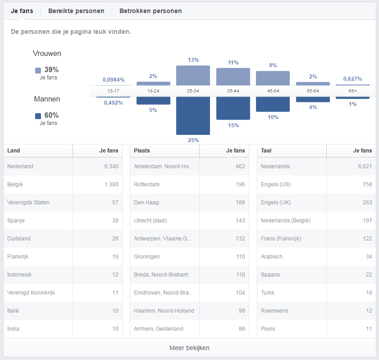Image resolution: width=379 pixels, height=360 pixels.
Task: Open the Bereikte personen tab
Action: point(76,11)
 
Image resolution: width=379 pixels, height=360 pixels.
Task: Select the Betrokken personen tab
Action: point(151,11)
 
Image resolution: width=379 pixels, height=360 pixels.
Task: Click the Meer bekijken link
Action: point(189,348)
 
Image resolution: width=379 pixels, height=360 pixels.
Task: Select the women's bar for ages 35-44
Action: point(233,76)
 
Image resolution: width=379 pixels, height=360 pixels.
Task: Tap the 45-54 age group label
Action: point(273,91)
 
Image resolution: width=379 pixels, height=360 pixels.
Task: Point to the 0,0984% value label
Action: point(114,79)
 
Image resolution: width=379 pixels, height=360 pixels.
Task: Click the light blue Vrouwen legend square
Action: point(38,70)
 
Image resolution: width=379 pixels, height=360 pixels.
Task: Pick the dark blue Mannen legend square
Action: point(38,116)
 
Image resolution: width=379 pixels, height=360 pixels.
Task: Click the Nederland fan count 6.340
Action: point(111,166)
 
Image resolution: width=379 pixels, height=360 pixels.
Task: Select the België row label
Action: point(16,185)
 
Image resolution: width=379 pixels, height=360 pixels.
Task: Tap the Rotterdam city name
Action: point(146,185)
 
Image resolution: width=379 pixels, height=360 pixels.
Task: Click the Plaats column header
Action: point(142,151)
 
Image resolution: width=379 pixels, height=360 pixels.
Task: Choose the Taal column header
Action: point(266,151)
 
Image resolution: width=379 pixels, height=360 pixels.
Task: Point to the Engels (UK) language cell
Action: point(276,203)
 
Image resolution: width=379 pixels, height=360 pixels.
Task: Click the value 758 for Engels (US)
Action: point(367,185)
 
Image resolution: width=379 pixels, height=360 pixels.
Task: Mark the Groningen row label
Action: point(147,257)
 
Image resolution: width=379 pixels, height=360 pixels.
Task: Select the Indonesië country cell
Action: point(19,275)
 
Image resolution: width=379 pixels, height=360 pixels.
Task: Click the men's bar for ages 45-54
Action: point(273,104)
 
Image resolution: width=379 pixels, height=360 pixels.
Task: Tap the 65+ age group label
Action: point(352,91)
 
